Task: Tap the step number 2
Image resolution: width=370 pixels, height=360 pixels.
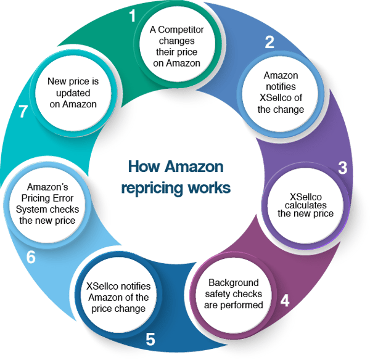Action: point(269,43)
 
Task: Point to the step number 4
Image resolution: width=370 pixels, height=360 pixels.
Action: point(284,301)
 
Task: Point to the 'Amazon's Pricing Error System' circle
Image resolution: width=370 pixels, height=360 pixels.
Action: point(46,203)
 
